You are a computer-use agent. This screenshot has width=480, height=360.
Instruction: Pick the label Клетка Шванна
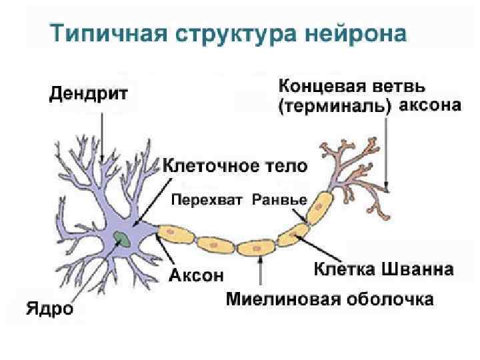pyautogui.click(x=383, y=270)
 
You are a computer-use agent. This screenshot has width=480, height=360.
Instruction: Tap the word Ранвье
pyautogui.click(x=279, y=199)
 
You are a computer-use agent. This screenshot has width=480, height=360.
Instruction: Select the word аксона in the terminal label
pyautogui.click(x=433, y=106)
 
